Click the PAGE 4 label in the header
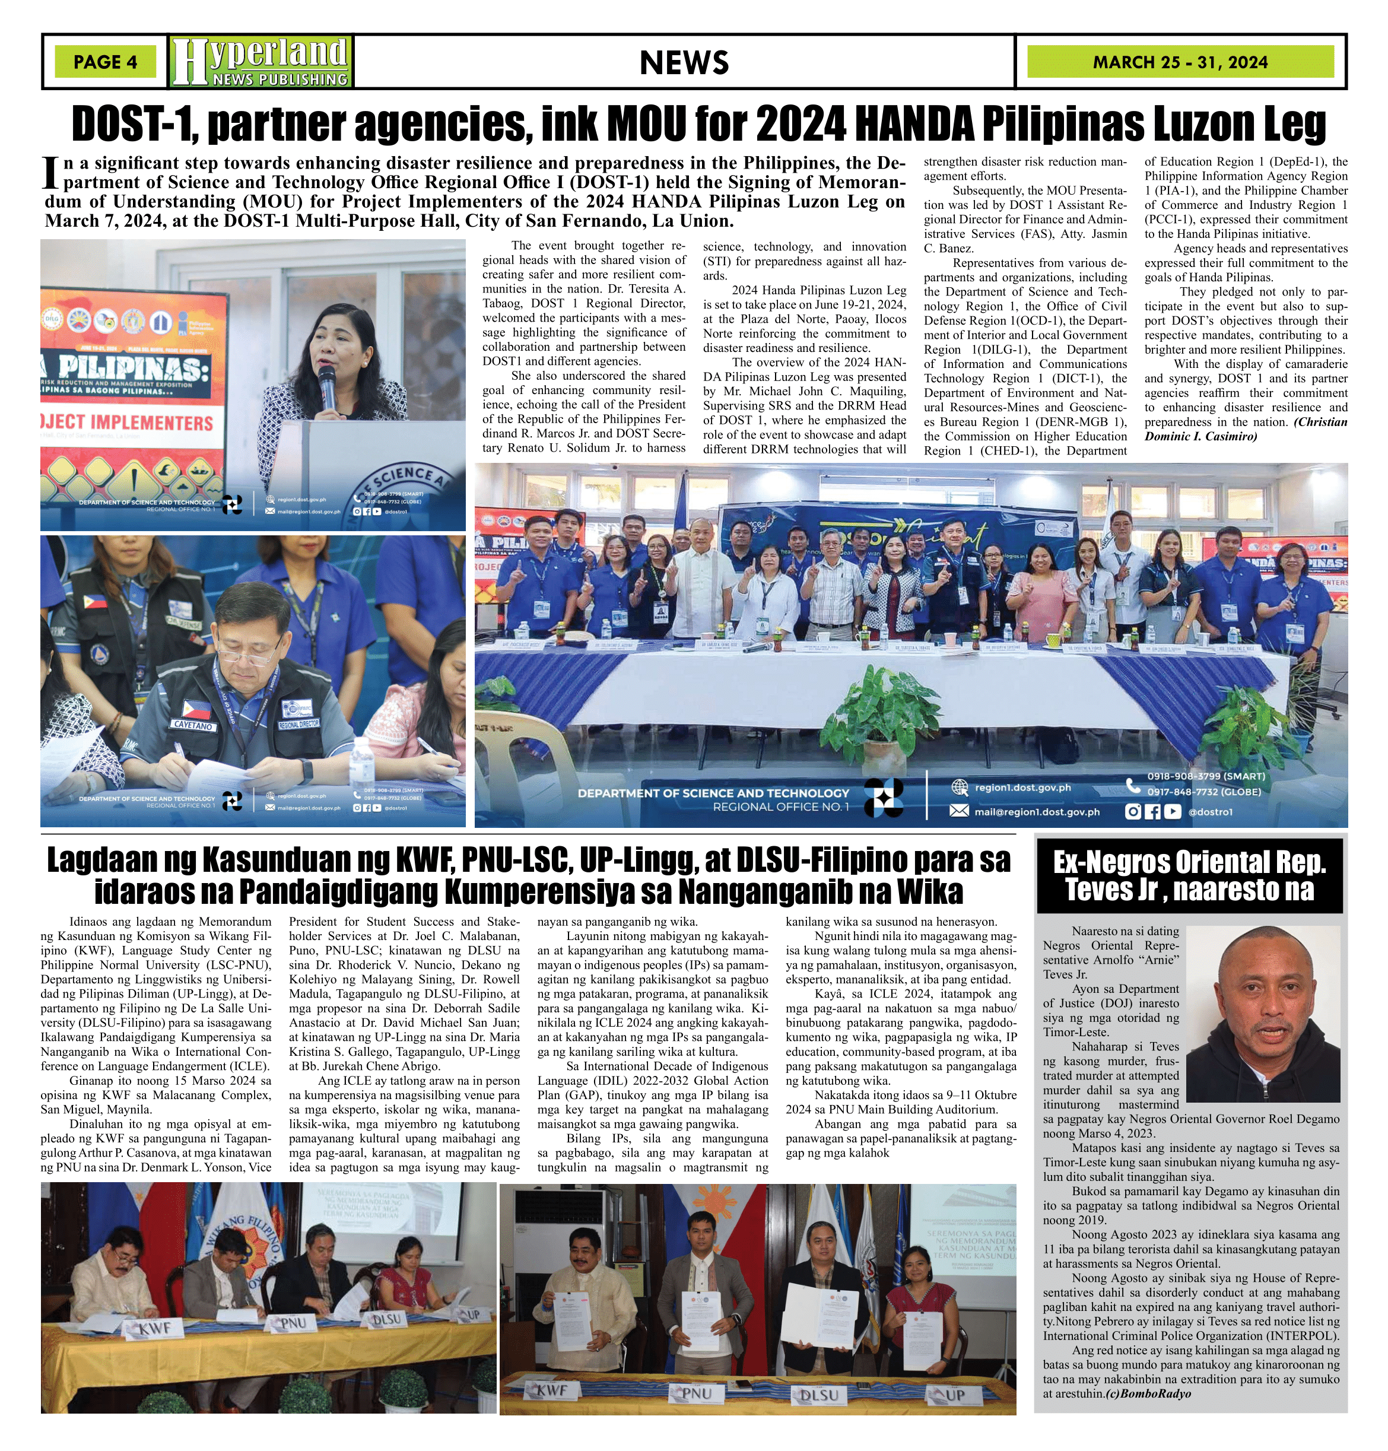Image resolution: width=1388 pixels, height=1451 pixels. [x=105, y=62]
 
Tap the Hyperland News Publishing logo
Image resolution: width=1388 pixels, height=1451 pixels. [x=260, y=62]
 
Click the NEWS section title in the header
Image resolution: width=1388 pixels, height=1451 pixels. [x=684, y=63]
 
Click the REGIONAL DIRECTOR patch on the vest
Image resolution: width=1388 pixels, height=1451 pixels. [x=299, y=722]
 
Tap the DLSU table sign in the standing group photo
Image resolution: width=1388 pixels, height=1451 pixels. [x=820, y=1395]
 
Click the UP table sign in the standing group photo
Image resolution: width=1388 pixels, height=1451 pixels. [x=954, y=1395]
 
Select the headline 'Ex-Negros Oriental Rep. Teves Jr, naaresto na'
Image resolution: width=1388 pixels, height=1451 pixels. [x=1189, y=875]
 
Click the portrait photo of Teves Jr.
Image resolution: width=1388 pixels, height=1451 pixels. [x=1263, y=1013]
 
